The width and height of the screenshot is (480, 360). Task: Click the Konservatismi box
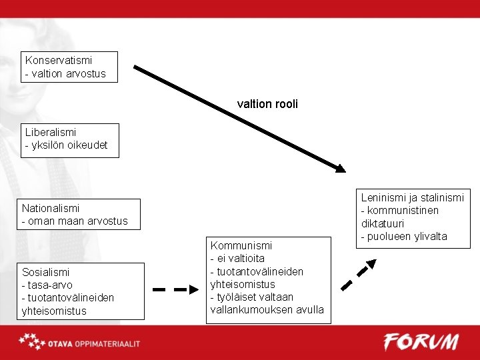(x=69, y=67)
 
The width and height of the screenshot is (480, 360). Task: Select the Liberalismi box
(x=69, y=139)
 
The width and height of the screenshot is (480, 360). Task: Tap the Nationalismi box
(x=79, y=214)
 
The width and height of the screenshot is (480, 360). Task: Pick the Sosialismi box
(x=80, y=291)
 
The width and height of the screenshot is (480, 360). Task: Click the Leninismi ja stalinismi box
(x=413, y=217)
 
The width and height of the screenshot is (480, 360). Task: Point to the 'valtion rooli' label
(x=267, y=104)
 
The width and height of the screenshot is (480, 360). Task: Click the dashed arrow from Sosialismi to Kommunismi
(x=175, y=289)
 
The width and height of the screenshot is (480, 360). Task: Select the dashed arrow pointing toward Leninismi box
(x=359, y=275)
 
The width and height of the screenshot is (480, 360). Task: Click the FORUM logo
(x=421, y=342)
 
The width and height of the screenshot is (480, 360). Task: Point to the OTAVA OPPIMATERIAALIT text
(x=93, y=343)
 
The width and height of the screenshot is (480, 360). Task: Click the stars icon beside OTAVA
(x=31, y=342)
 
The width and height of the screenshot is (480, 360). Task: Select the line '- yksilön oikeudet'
(x=66, y=145)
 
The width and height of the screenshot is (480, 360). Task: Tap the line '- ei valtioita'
(x=237, y=259)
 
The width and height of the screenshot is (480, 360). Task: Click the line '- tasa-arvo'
(x=47, y=285)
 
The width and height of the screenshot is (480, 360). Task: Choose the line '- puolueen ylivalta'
(x=404, y=237)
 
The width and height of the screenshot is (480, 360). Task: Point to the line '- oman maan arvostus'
(x=75, y=221)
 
